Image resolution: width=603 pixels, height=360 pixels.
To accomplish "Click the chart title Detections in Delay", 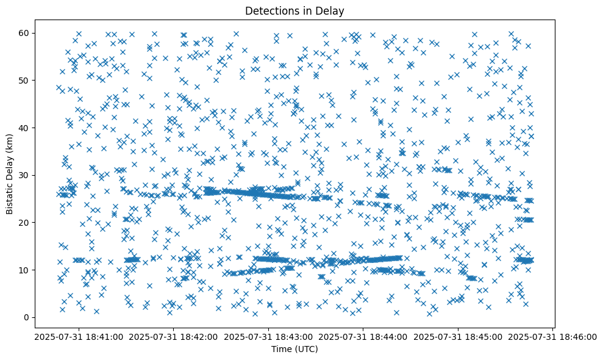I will point(301,11).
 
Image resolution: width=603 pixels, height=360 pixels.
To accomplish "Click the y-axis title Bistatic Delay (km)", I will point(10,173).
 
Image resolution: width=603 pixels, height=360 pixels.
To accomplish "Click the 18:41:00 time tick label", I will point(77,336).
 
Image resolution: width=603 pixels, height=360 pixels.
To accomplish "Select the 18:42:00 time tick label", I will point(173,336).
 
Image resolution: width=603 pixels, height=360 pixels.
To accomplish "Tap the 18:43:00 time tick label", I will point(268,336).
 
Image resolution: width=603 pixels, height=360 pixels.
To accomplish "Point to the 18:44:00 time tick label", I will point(363,336).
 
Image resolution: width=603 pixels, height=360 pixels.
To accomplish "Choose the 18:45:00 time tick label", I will point(458,336).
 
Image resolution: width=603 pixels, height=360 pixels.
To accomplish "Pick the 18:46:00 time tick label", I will point(552,336).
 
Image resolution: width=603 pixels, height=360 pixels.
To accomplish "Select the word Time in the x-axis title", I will point(281,349).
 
